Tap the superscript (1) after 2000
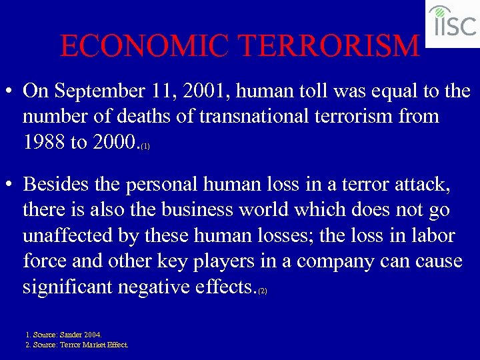tap(145, 145)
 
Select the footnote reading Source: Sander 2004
tap(63, 334)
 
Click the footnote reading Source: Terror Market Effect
tap(77, 345)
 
